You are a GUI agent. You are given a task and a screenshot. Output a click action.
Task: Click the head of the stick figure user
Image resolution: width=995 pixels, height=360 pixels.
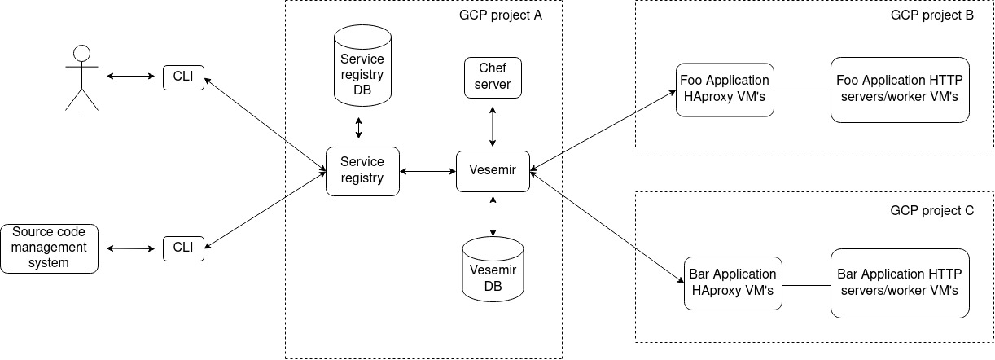pyautogui.click(x=81, y=53)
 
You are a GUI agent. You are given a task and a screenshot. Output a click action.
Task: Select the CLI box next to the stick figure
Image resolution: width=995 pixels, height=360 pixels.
pyautogui.click(x=183, y=77)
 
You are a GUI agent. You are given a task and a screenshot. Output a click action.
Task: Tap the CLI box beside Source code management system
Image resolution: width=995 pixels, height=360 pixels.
pyautogui.click(x=183, y=248)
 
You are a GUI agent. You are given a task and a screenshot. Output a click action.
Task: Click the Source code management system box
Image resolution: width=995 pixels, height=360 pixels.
pyautogui.click(x=49, y=248)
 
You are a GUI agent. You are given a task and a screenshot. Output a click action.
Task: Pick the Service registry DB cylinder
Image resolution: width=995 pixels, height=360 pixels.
pyautogui.click(x=362, y=65)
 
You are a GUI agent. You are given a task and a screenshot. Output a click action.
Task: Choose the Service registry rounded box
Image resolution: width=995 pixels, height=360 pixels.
pyautogui.click(x=362, y=171)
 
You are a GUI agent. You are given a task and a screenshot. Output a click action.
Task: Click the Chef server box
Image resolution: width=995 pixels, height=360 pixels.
pyautogui.click(x=493, y=77)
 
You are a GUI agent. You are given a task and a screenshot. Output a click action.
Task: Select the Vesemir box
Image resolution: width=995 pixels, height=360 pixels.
pyautogui.click(x=493, y=171)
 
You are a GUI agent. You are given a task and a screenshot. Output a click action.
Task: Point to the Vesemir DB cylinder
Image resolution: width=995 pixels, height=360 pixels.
pyautogui.click(x=493, y=269)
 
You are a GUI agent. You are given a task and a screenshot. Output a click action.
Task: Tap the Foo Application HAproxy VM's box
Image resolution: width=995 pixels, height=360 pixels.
pyautogui.click(x=725, y=90)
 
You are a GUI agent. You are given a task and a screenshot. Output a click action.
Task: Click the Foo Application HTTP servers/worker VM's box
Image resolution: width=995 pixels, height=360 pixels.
pyautogui.click(x=900, y=90)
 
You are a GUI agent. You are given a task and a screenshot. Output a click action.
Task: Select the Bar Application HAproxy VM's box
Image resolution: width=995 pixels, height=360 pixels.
pyautogui.click(x=733, y=283)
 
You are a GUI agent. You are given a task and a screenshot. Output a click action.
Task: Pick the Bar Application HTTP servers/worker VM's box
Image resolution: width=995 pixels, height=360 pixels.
pyautogui.click(x=900, y=283)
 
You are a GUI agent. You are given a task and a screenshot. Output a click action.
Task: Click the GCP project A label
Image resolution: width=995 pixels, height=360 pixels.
pyautogui.click(x=501, y=15)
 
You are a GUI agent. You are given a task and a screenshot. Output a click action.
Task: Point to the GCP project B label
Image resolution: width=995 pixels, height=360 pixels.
pyautogui.click(x=932, y=15)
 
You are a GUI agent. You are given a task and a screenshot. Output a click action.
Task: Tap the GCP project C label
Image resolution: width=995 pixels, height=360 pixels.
pyautogui.click(x=932, y=210)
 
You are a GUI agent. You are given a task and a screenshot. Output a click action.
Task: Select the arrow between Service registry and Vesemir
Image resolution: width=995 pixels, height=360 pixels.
pyautogui.click(x=427, y=171)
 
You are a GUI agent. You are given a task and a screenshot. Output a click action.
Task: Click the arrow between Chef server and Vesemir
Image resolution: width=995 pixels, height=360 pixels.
pyautogui.click(x=493, y=126)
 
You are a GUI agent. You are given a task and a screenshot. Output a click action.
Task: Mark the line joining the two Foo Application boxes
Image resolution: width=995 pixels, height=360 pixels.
pyautogui.click(x=802, y=90)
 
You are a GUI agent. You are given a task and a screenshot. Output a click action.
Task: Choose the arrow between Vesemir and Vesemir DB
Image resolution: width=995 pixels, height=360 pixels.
pyautogui.click(x=493, y=216)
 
